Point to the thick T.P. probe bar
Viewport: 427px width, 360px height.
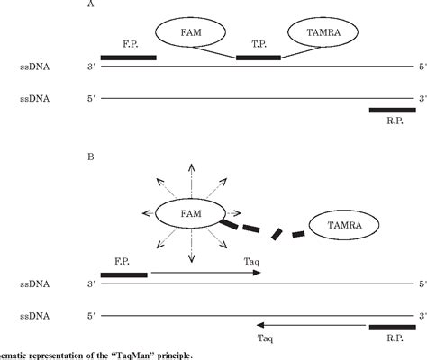pyautogui.click(x=259, y=58)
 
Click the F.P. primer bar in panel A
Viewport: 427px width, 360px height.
pyautogui.click(x=129, y=58)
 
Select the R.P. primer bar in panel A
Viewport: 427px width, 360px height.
pyautogui.click(x=393, y=110)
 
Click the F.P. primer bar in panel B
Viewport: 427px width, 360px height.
pyautogui.click(x=124, y=274)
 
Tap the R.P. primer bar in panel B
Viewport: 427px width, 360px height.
pyautogui.click(x=393, y=327)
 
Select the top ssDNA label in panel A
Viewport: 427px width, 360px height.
pyautogui.click(x=35, y=67)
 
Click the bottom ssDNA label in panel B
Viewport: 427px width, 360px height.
pyautogui.click(x=35, y=317)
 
